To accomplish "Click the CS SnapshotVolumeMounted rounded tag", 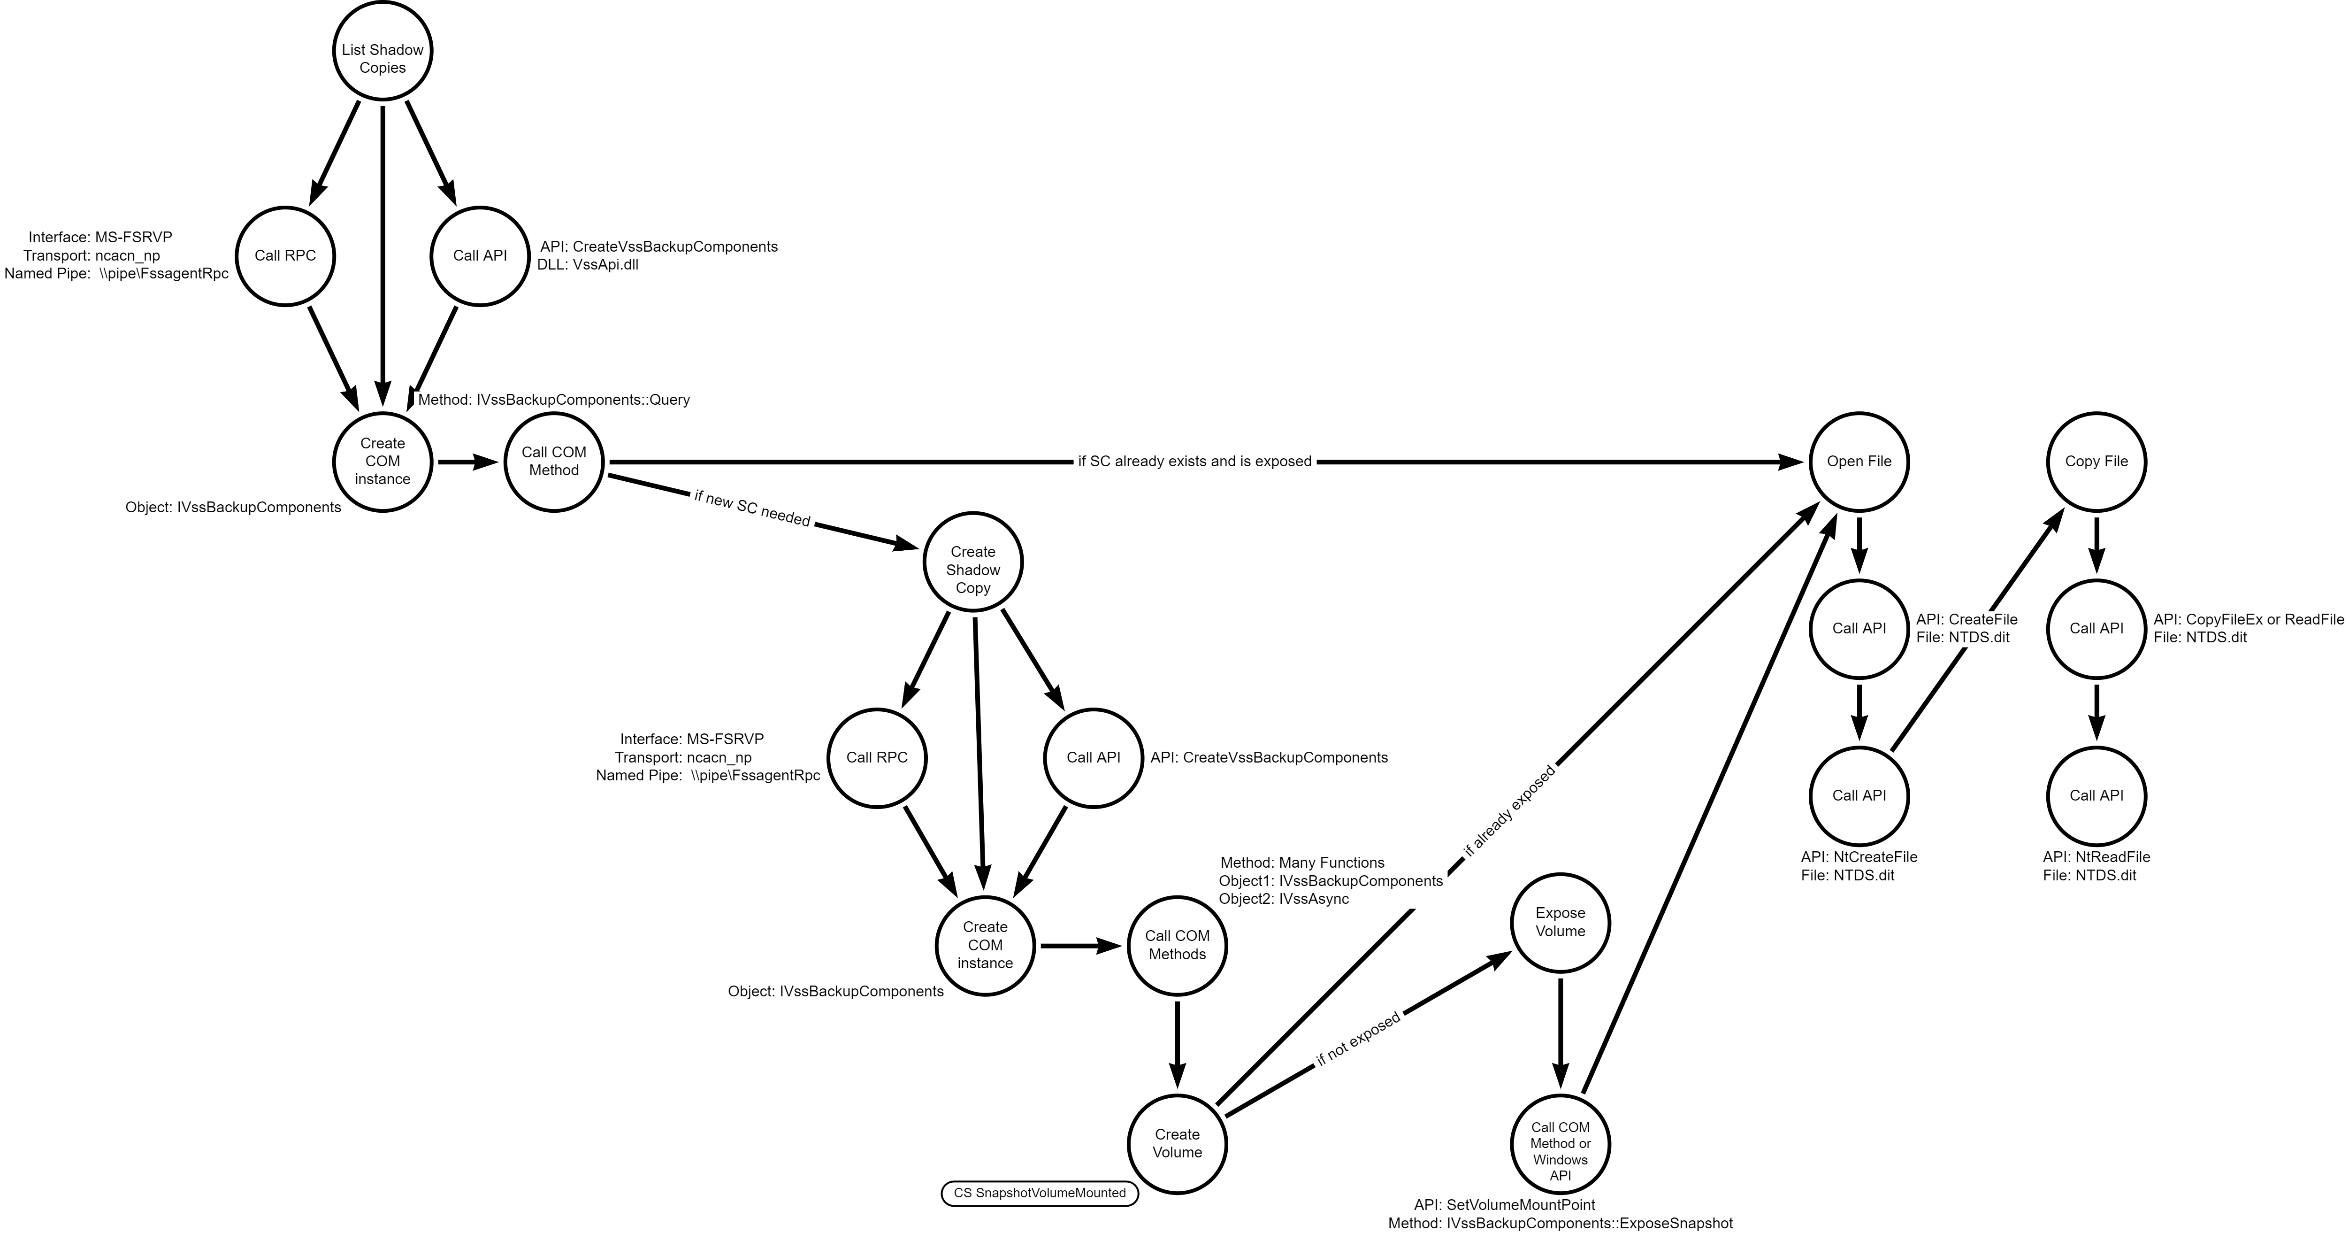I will (x=1040, y=1194).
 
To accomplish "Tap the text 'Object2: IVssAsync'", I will (x=1284, y=899).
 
